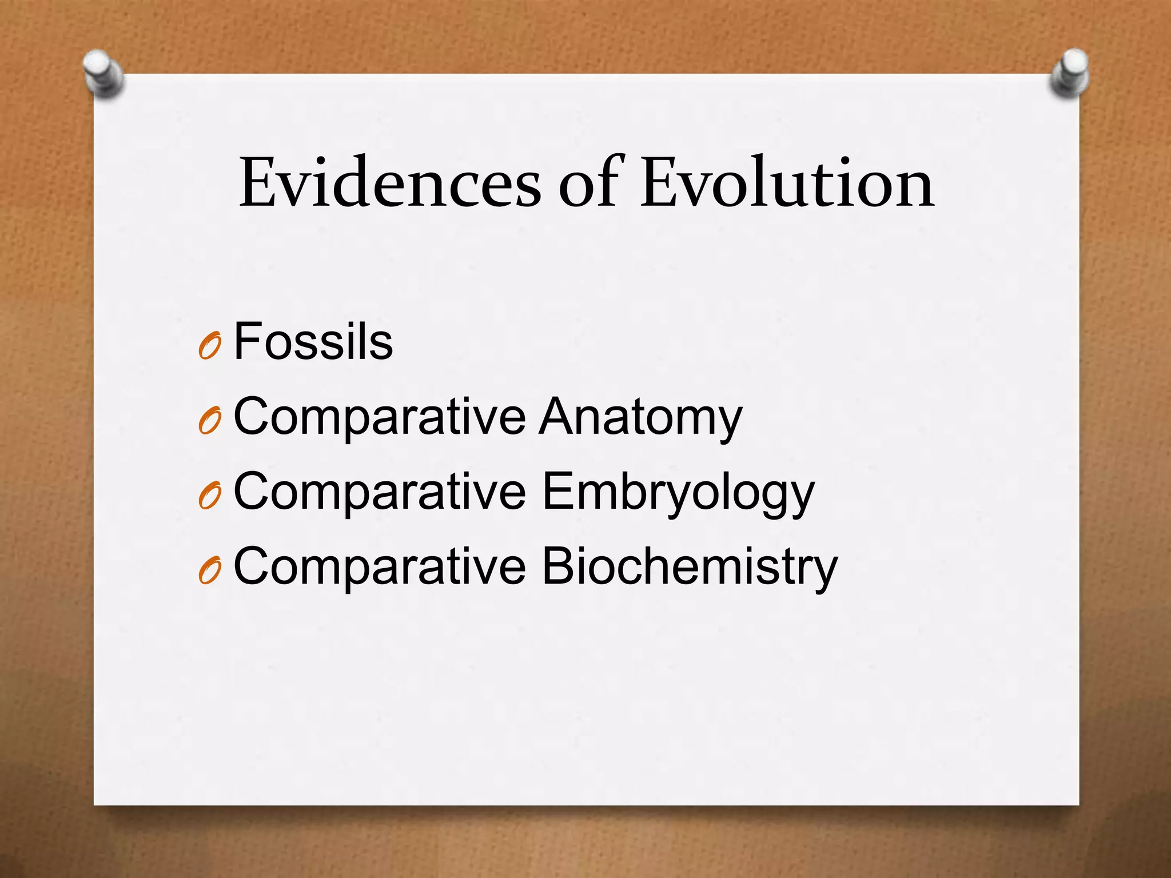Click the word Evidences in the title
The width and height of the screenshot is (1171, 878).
(389, 183)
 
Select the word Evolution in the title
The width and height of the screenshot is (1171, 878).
(787, 183)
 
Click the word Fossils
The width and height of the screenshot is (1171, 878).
(313, 342)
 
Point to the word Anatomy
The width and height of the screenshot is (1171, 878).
(641, 417)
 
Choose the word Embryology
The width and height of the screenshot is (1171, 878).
(678, 493)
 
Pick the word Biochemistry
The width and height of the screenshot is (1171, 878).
(689, 567)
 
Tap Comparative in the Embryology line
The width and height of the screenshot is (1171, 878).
(380, 493)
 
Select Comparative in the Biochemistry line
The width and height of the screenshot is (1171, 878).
(380, 567)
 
